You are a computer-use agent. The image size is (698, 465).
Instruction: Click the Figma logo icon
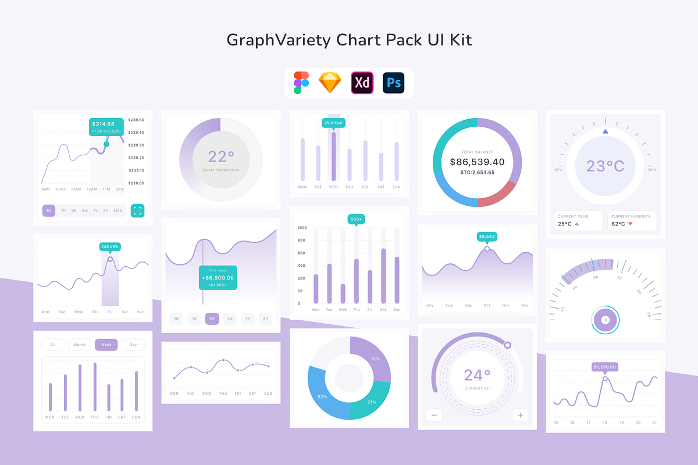tap(301, 83)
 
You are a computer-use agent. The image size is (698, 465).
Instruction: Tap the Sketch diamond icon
tap(330, 83)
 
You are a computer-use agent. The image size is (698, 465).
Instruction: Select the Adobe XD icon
tap(362, 83)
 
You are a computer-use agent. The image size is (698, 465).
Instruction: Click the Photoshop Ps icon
tap(393, 83)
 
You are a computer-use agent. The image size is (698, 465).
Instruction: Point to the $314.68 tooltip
tap(106, 127)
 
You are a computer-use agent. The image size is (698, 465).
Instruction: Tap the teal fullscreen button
tap(137, 210)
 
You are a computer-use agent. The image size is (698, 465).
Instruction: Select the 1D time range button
tap(49, 210)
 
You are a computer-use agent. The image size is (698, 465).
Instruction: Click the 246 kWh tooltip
tap(110, 247)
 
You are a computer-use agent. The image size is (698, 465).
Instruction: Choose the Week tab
tap(106, 345)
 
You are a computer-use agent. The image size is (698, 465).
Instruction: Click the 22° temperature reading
tap(221, 156)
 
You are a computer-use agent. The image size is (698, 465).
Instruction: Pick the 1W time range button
tap(212, 319)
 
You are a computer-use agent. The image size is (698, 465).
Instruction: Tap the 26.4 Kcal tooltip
tap(334, 123)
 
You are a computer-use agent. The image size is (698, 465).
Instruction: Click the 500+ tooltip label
tap(357, 219)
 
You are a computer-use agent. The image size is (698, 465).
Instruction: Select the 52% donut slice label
tap(322, 396)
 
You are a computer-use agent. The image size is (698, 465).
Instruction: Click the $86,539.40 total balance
tap(477, 162)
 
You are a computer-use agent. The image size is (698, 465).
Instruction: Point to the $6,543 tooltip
tap(487, 237)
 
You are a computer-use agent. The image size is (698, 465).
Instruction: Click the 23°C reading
tap(605, 166)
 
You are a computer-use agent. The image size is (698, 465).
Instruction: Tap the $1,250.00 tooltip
tap(605, 367)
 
